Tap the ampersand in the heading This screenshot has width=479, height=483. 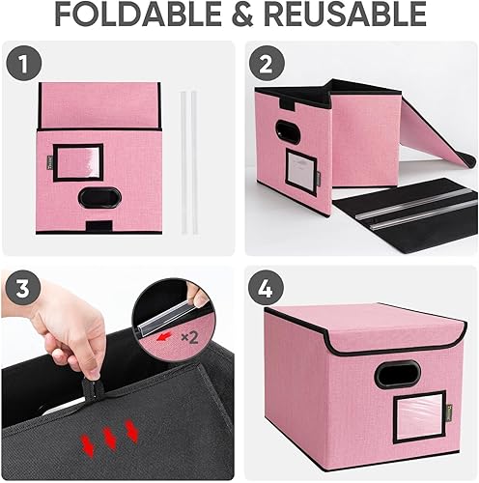coord(242,15)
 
